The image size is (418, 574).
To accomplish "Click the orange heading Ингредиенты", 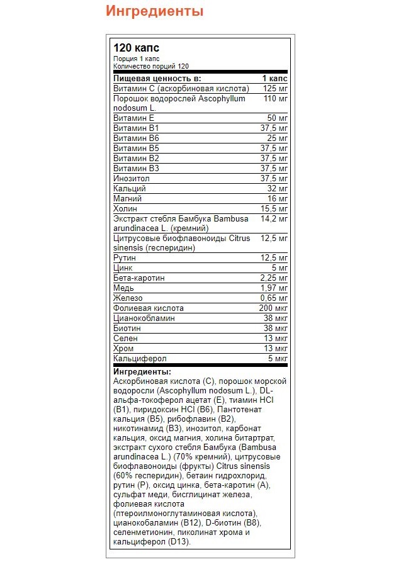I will (155, 12).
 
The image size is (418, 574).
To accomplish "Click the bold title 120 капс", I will (136, 48).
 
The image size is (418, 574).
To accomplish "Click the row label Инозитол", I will (131, 178).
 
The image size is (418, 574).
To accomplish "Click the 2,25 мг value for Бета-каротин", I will (274, 278).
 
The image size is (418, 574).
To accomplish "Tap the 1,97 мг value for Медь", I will (274, 288).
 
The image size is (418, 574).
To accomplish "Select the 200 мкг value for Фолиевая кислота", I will (273, 308).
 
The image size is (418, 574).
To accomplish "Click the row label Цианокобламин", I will (144, 318).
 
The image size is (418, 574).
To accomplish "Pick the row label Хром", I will (124, 349).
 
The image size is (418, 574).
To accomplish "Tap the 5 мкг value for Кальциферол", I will (278, 359).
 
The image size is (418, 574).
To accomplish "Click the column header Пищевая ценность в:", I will (157, 78).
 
